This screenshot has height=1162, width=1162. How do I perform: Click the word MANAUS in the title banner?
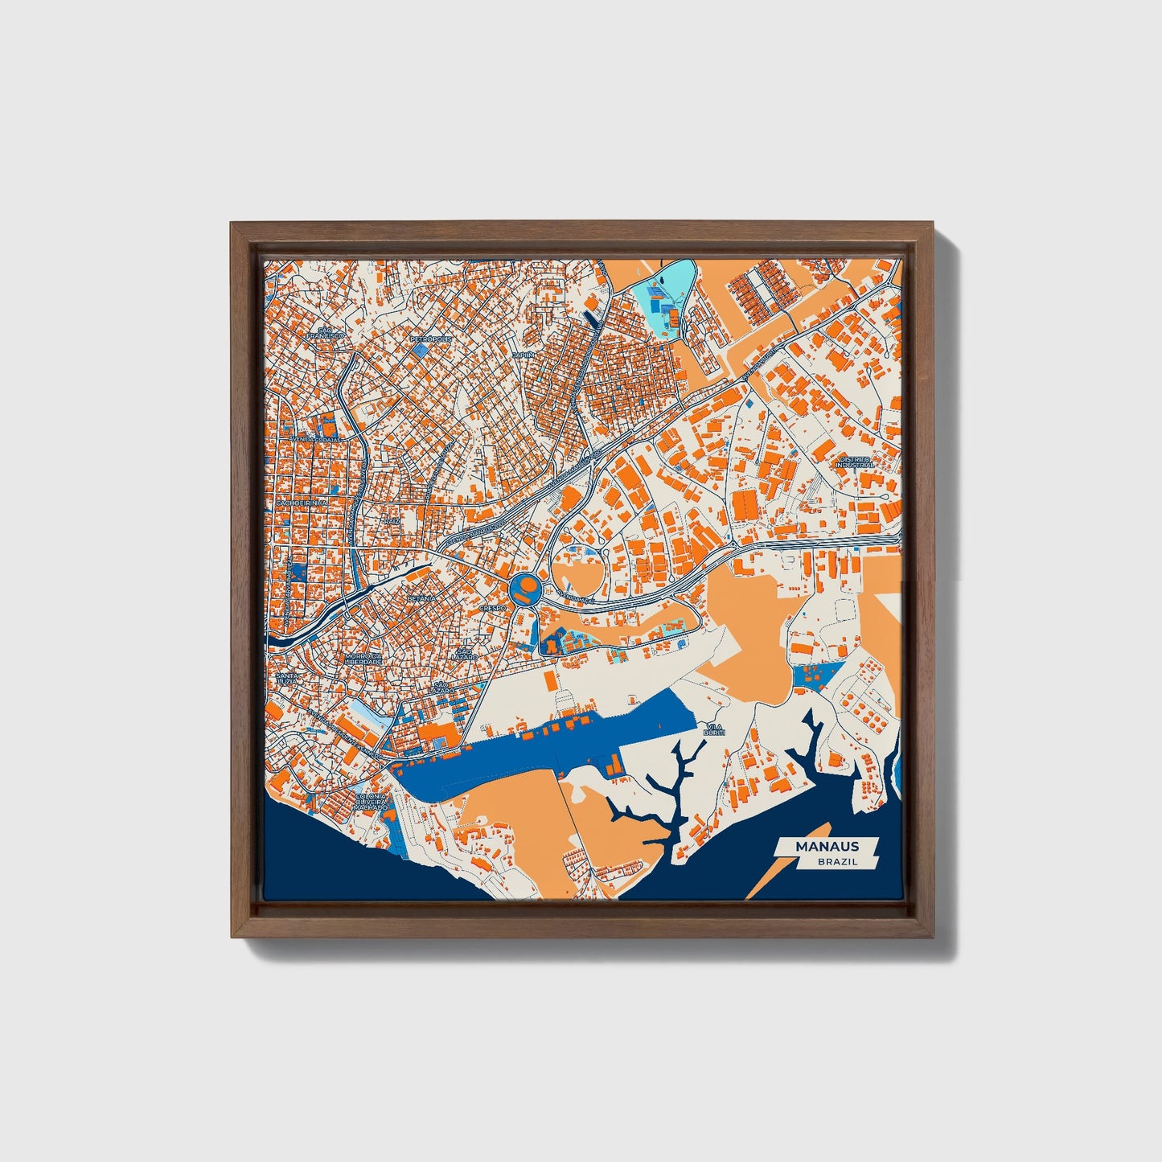(x=827, y=846)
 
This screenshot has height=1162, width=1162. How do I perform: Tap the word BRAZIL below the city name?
(x=836, y=861)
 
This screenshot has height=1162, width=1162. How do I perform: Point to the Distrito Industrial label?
(x=854, y=462)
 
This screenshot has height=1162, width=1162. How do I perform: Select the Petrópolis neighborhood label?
(x=431, y=339)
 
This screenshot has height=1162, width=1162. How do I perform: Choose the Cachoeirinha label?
(x=301, y=503)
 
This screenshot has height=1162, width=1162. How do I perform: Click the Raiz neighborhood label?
(x=392, y=521)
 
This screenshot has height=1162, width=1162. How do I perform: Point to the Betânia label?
(x=421, y=598)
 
